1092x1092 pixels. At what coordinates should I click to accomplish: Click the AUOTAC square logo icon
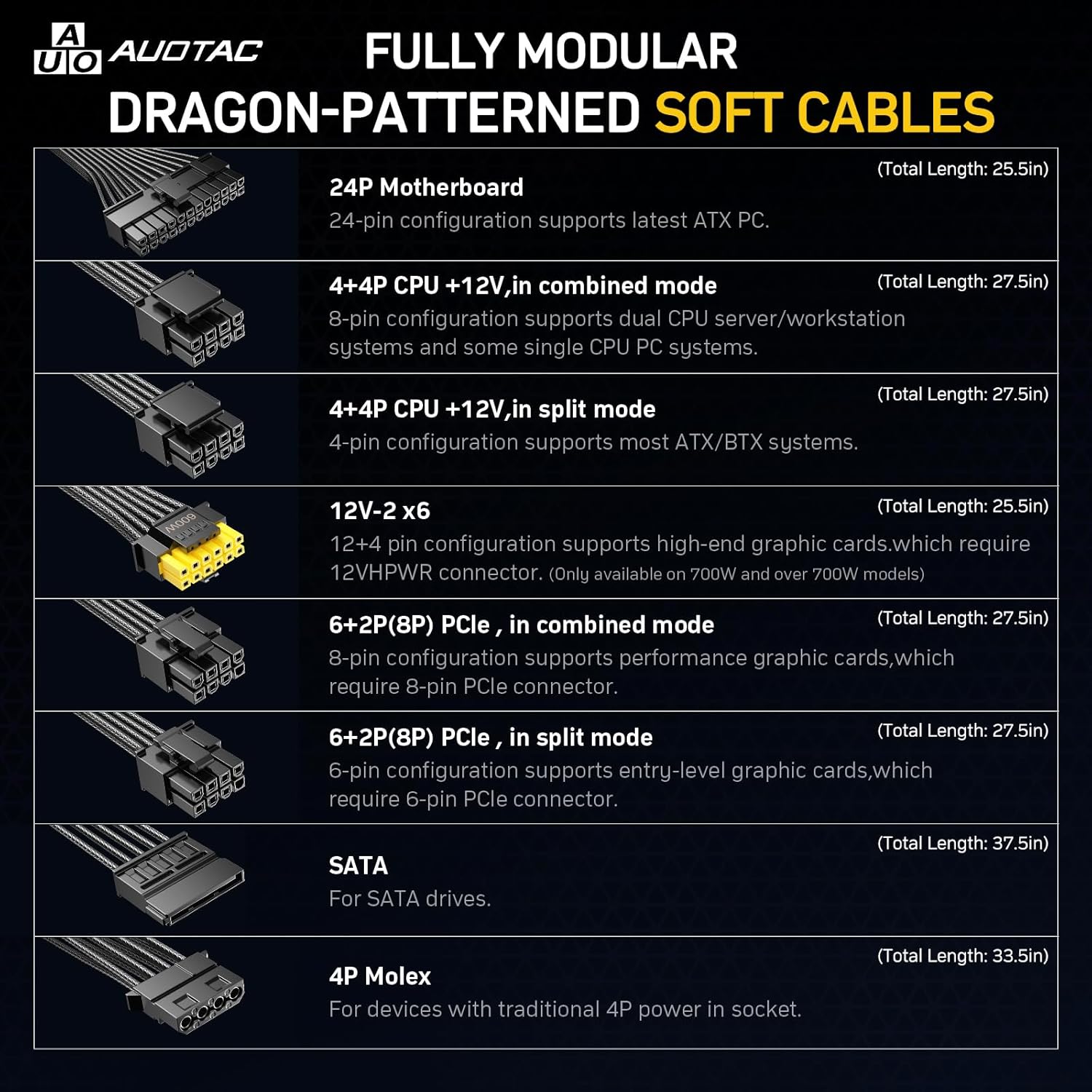click(67, 49)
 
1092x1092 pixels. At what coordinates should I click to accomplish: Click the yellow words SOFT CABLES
click(824, 113)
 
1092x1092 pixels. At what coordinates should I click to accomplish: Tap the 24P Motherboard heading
click(426, 188)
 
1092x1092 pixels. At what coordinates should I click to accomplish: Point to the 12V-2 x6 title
click(379, 511)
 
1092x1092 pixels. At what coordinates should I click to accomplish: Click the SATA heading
click(358, 866)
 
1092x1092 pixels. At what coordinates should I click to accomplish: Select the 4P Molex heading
click(379, 976)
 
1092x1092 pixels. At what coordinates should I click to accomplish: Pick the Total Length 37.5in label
click(962, 843)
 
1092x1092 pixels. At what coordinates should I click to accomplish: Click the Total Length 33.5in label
click(962, 956)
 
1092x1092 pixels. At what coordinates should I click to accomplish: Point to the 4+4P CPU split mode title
click(491, 409)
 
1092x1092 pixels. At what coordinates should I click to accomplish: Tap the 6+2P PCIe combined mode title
click(521, 625)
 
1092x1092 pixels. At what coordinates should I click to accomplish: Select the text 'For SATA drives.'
click(409, 899)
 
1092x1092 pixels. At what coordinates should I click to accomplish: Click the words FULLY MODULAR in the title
click(550, 51)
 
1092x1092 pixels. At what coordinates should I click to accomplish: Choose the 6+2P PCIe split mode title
click(490, 737)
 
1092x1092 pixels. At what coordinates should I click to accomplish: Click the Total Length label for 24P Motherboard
click(962, 169)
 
